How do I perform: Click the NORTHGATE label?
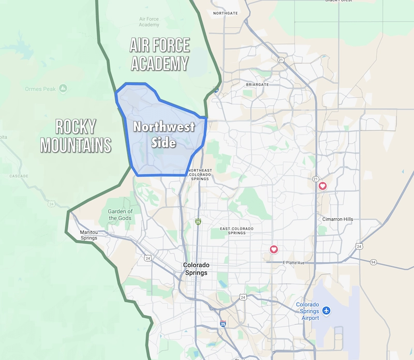pyautogui.click(x=225, y=13)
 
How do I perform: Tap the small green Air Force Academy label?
pyautogui.click(x=149, y=22)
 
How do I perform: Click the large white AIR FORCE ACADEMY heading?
pyautogui.click(x=159, y=55)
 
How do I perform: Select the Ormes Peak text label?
pyautogui.click(x=40, y=89)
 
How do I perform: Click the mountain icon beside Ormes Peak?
pyautogui.click(x=63, y=88)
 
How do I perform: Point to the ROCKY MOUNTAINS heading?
pyautogui.click(x=76, y=136)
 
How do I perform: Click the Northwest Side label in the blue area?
pyautogui.click(x=164, y=134)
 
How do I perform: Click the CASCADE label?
pyautogui.click(x=19, y=176)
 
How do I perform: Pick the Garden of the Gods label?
pyautogui.click(x=120, y=215)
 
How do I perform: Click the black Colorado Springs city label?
pyautogui.click(x=195, y=269)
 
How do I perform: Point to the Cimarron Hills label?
pyautogui.click(x=337, y=219)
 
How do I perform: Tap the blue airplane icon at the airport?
pyautogui.click(x=327, y=310)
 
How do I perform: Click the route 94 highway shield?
pyautogui.click(x=373, y=262)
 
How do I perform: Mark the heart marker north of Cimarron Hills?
pyautogui.click(x=322, y=186)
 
